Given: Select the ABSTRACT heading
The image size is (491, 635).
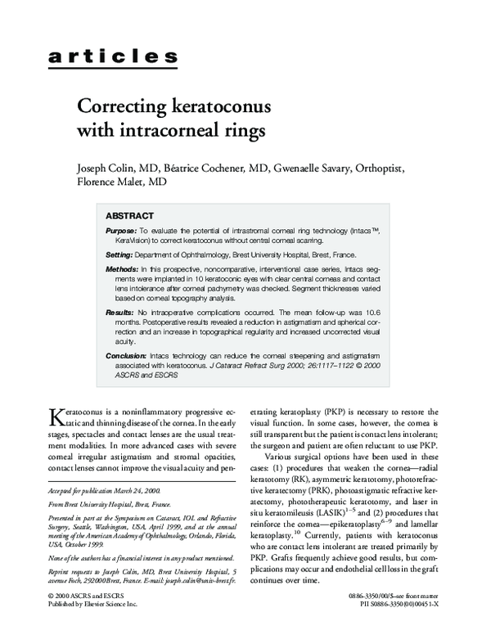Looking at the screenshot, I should (x=134, y=216).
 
